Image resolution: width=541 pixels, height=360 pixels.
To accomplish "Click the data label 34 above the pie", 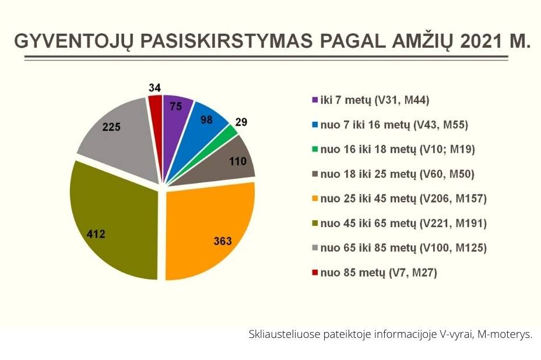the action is pyautogui.click(x=154, y=88).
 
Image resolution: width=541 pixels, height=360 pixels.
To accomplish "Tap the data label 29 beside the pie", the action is pyautogui.click(x=241, y=122).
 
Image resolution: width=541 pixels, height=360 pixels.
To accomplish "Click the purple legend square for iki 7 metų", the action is pyautogui.click(x=314, y=100).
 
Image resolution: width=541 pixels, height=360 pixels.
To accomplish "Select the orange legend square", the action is pyautogui.click(x=314, y=199).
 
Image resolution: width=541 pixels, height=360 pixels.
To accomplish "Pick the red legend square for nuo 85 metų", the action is pyautogui.click(x=314, y=273).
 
